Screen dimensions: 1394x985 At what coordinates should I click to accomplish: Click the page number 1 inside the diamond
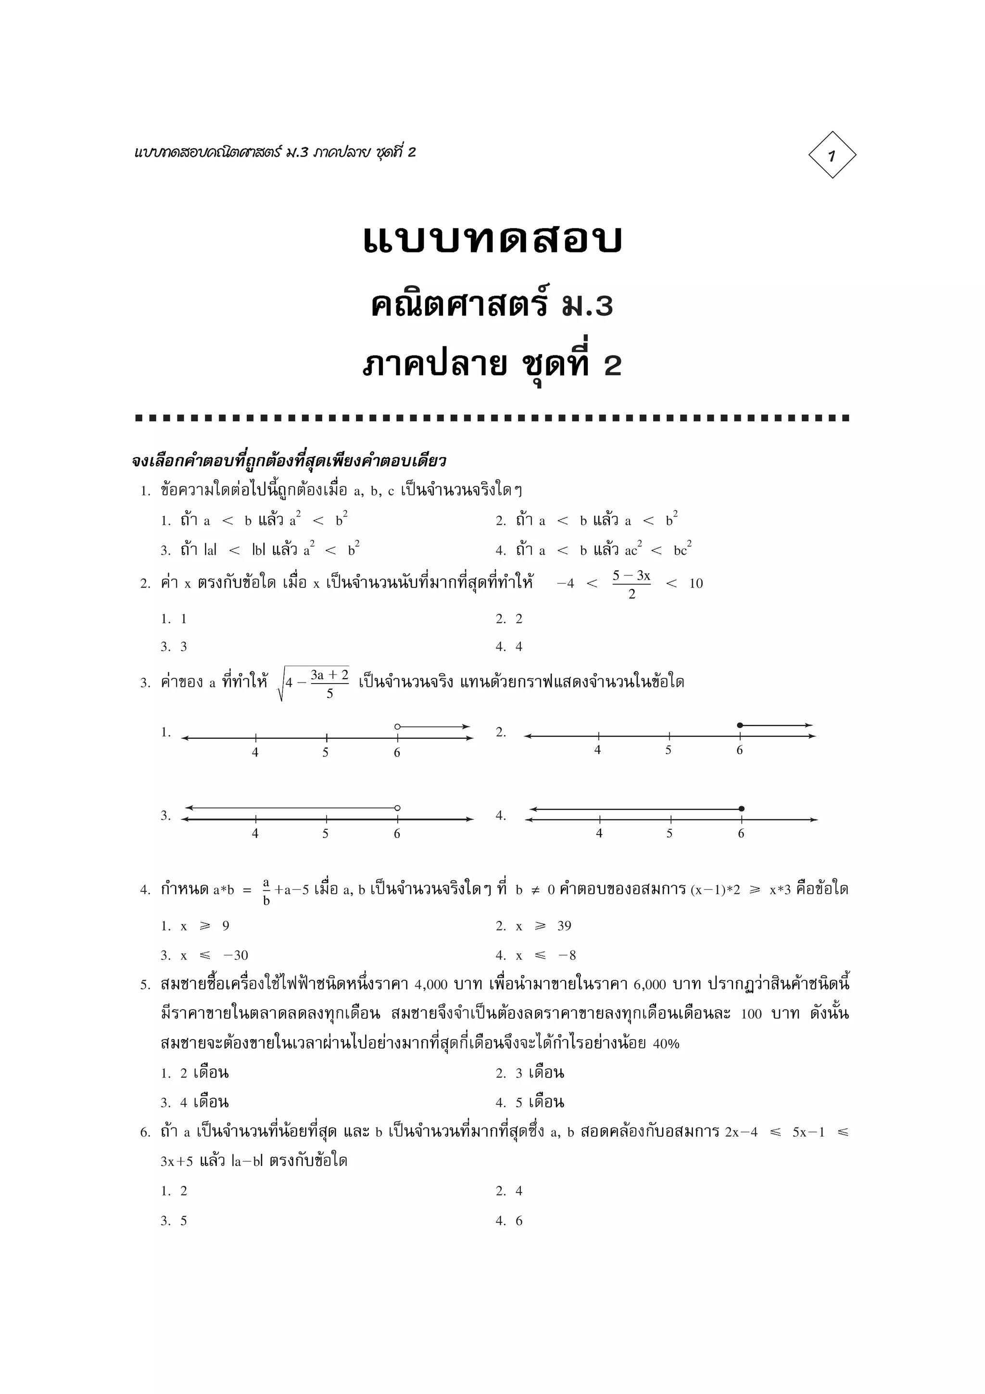[832, 155]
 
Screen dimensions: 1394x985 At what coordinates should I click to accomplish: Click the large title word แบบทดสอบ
[492, 240]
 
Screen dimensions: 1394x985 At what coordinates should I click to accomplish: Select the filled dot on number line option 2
[739, 725]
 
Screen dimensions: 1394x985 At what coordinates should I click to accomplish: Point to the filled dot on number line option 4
[741, 809]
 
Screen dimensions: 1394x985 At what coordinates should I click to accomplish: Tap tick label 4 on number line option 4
[599, 834]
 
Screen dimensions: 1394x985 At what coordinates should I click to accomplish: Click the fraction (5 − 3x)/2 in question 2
[631, 584]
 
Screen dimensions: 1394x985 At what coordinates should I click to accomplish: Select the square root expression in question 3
[314, 683]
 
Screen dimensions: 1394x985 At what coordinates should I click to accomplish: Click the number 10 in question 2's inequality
[695, 583]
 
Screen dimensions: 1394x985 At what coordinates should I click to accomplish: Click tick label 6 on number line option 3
[397, 834]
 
